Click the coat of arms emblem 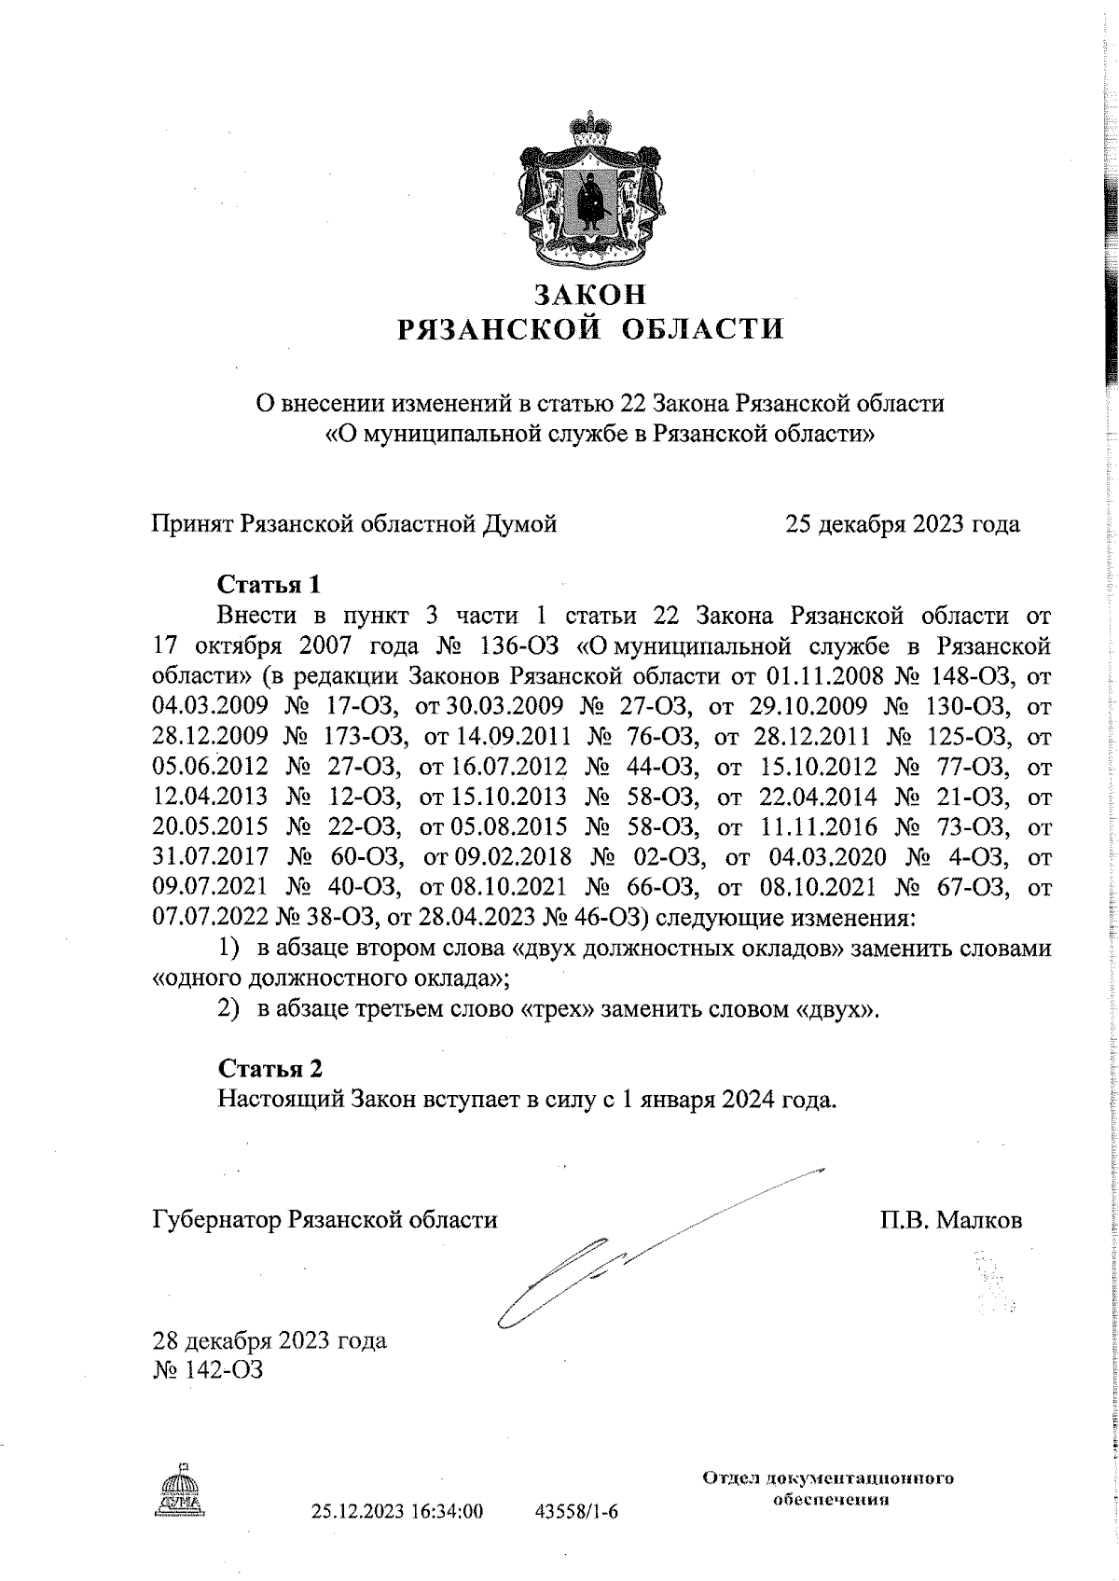(588, 186)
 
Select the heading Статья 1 (269, 585)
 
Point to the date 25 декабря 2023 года (902, 524)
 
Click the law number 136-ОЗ (525, 646)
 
